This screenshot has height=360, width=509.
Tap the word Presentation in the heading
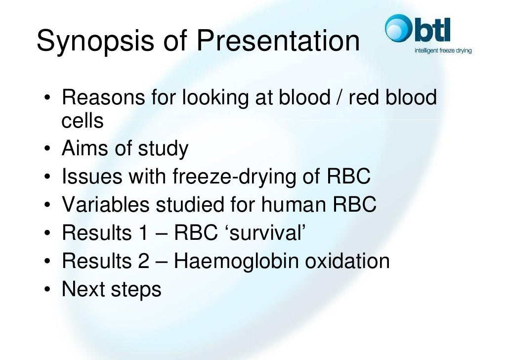[278, 42]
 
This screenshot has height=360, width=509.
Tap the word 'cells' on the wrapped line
[83, 120]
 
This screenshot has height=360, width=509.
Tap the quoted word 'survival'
[267, 232]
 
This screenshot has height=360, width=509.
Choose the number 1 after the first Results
[141, 232]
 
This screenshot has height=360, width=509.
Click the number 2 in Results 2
[142, 261]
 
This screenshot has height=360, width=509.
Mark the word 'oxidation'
[347, 261]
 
